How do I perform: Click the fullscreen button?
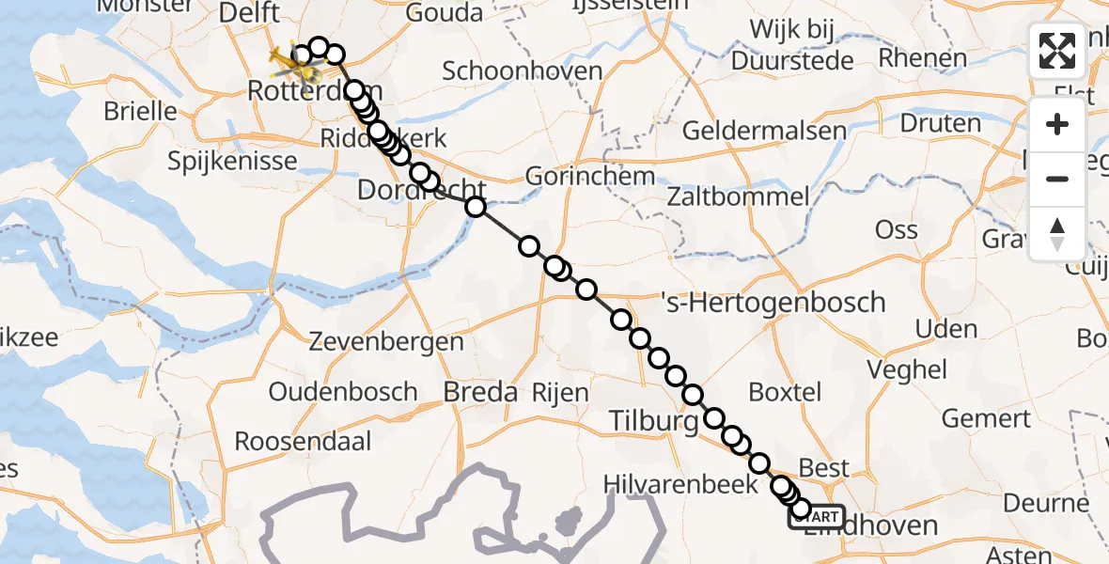1057,50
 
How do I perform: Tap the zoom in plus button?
1057,124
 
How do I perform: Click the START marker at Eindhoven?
817,517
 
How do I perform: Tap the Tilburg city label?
654,422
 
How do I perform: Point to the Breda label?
480,391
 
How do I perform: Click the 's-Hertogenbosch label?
773,302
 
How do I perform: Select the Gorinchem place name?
589,176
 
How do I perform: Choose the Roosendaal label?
303,440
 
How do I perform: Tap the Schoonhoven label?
522,70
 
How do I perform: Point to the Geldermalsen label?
764,130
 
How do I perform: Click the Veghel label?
907,369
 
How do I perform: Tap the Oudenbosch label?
343,391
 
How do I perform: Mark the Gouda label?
445,13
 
